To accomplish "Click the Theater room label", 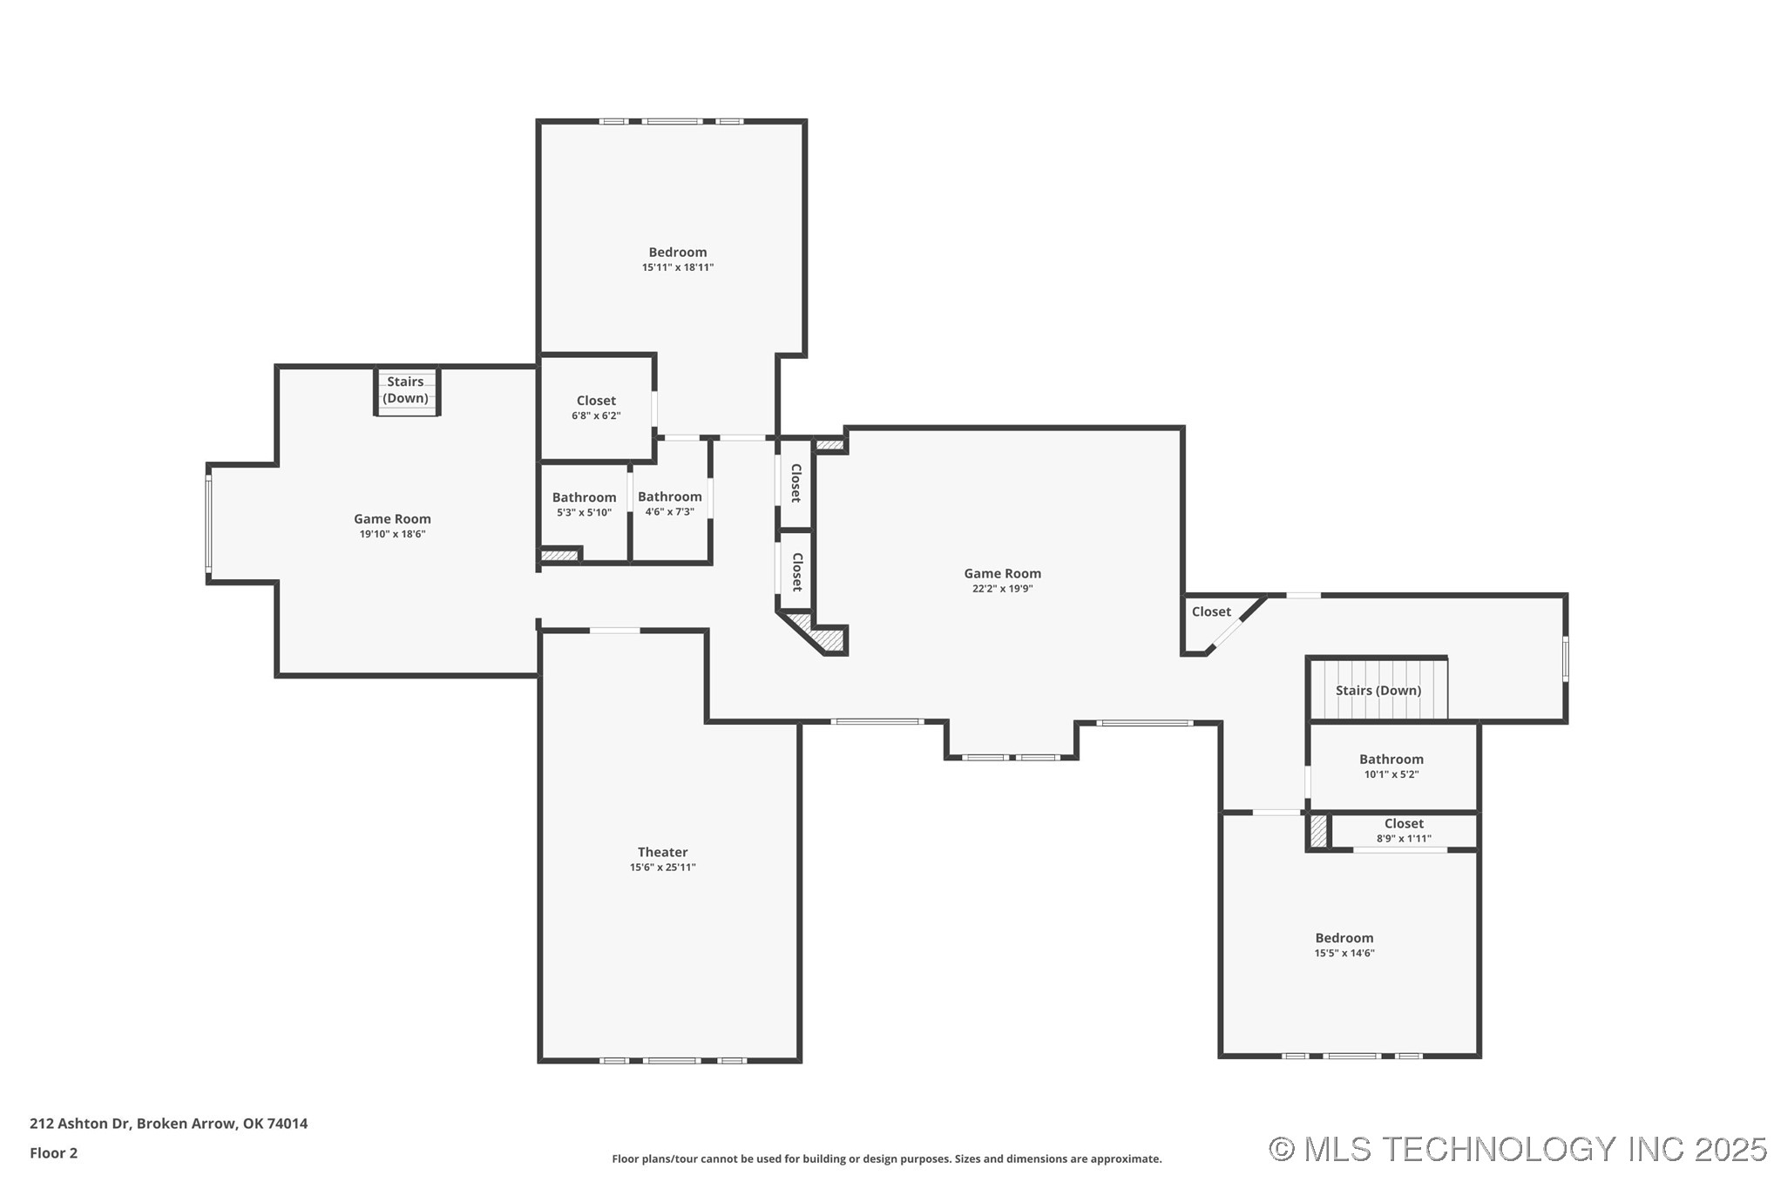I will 662,852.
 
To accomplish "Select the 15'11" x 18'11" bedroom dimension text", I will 677,267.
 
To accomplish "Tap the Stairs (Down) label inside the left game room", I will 405,389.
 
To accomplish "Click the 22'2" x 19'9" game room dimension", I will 1002,589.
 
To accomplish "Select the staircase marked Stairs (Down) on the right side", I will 1378,690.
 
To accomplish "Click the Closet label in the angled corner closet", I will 1210,611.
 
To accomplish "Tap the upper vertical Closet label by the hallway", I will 796,483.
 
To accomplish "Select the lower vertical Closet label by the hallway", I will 796,572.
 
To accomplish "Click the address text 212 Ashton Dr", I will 168,1123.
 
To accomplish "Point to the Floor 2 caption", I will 53,1152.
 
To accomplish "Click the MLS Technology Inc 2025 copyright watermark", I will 1516,1149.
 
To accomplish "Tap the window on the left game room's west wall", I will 208,524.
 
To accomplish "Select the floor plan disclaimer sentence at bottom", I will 886,1158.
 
